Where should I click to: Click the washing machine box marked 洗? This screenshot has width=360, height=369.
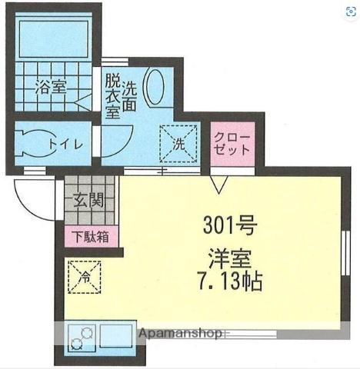177,142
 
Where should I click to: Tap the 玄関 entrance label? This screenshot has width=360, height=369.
88,202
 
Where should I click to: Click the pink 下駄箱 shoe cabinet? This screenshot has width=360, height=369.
92,237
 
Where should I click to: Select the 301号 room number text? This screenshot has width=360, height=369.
224,227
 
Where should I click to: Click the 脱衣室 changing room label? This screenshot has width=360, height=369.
112,95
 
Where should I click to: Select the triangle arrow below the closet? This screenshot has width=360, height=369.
218,185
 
